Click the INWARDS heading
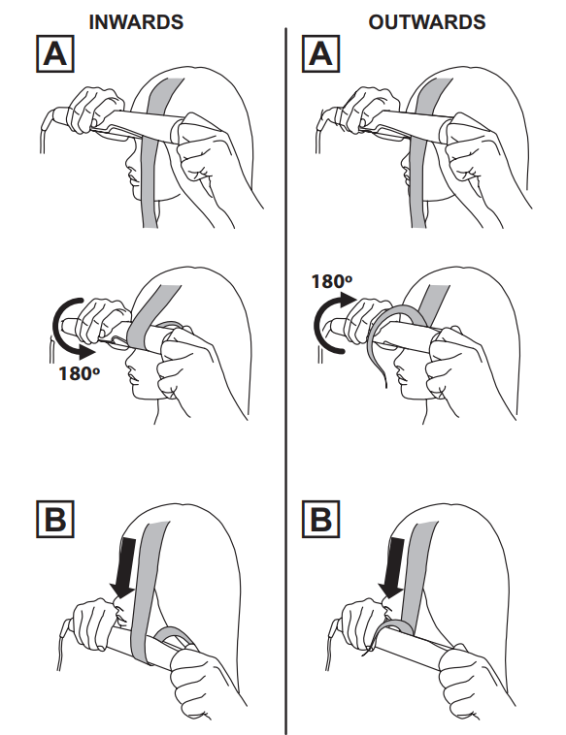pos(136,22)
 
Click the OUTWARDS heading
pos(426,22)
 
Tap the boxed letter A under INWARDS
pos(55,54)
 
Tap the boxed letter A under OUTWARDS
pos(320,54)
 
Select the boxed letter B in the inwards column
pos(55,519)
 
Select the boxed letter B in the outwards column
pos(320,519)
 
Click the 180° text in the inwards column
pos(79,373)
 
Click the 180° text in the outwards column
pos(332,281)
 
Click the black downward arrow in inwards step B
pos(125,568)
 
